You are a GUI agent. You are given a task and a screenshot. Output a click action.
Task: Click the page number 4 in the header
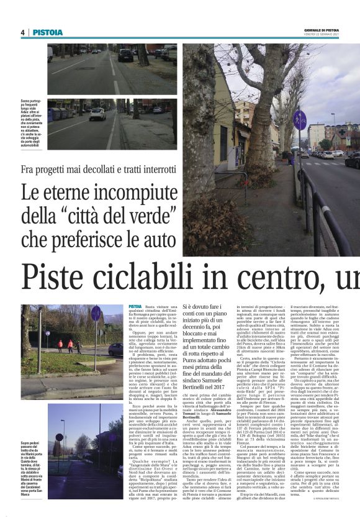pos(22,32)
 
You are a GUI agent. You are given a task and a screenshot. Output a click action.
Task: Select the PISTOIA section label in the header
pos(48,32)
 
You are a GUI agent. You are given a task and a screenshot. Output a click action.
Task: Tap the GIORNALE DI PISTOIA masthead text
pos(338,30)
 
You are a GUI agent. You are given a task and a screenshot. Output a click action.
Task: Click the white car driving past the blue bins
pos(97,114)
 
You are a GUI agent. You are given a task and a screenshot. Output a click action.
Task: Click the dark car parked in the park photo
pos(115,349)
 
